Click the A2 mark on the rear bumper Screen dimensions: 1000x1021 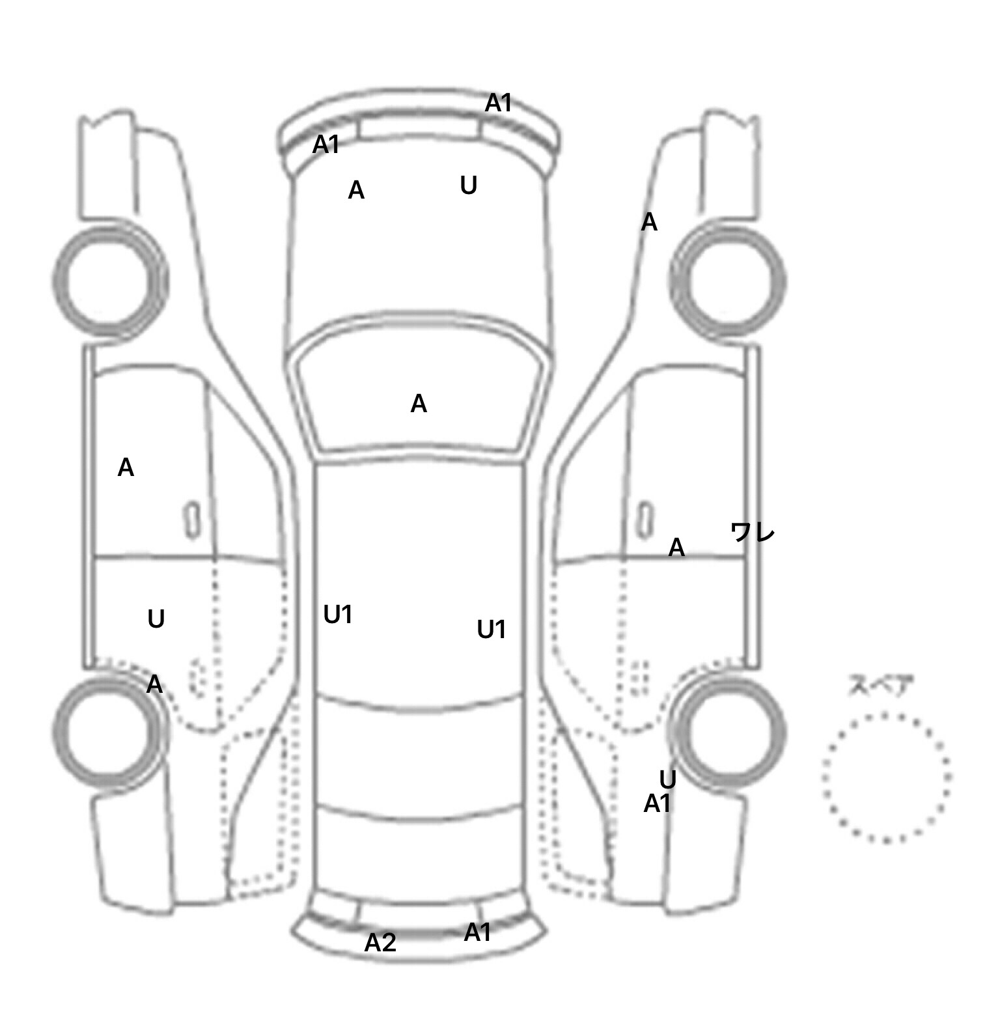click(x=380, y=942)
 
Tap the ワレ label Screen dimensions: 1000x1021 click(x=753, y=533)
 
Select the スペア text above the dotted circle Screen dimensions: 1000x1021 click(x=881, y=686)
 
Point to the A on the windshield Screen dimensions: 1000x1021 click(x=419, y=404)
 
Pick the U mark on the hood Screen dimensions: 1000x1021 click(x=469, y=186)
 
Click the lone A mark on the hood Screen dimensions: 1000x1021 click(x=356, y=190)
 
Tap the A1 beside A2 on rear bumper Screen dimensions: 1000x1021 click(x=477, y=932)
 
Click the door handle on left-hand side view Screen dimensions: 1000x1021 click(x=192, y=520)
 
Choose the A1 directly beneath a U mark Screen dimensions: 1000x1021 click(x=657, y=804)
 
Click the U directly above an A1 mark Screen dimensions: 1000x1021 click(x=668, y=779)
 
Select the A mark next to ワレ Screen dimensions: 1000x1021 click(x=676, y=548)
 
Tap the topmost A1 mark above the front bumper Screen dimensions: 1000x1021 click(x=499, y=103)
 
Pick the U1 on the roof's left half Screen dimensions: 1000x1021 click(x=338, y=614)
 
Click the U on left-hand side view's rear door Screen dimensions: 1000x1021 click(x=156, y=619)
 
